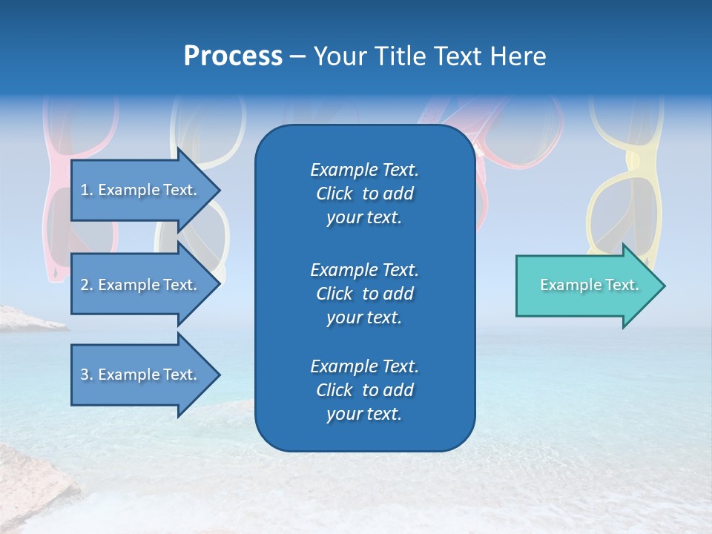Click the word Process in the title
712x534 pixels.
point(233,56)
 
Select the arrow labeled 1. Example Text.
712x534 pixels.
point(141,190)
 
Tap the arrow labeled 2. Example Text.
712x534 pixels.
point(141,285)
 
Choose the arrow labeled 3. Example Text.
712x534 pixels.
point(141,375)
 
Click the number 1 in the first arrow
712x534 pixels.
point(84,190)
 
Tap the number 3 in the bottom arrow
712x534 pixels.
point(84,375)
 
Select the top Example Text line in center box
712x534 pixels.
point(364,170)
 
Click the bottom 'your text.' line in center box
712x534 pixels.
point(364,415)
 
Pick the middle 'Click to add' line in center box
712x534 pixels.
point(364,294)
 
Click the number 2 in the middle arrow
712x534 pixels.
point(84,285)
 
